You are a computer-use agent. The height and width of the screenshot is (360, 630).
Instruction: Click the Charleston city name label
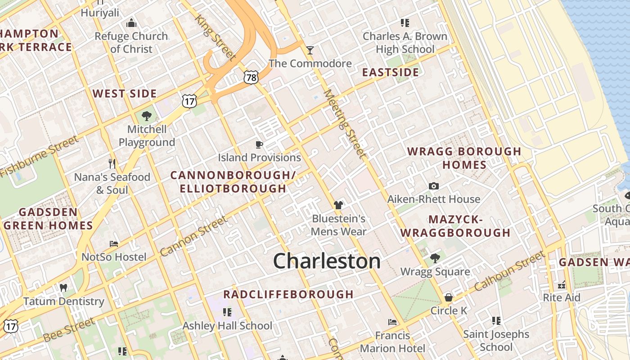point(327,261)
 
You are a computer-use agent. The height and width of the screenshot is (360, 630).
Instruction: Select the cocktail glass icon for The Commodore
point(310,50)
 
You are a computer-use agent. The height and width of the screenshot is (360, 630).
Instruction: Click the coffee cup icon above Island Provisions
point(259,144)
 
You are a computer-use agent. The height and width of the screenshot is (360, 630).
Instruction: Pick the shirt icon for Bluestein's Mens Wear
point(338,205)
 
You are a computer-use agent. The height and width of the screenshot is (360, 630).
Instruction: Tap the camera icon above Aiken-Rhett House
point(433,186)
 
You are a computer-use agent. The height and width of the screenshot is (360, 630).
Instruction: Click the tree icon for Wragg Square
point(435,258)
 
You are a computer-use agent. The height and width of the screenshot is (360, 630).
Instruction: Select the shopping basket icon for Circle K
point(448,297)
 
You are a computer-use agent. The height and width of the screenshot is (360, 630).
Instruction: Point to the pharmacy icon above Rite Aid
point(561,284)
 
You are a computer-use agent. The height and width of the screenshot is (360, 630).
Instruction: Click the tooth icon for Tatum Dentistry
point(63,288)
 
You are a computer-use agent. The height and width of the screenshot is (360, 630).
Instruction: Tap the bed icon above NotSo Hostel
point(114,244)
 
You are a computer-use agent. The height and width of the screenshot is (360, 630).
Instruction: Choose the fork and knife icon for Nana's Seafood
point(112,163)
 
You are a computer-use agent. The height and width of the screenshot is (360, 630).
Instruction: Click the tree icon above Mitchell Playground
point(146,116)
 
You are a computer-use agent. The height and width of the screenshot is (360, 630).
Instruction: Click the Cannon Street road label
point(193,236)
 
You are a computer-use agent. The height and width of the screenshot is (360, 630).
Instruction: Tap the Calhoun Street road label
point(509,271)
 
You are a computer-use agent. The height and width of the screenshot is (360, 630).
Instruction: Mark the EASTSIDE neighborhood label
point(390,72)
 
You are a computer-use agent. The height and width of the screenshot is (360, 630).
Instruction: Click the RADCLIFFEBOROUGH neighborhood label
point(288,294)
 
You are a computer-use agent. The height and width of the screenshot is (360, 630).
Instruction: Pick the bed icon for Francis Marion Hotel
point(392,322)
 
